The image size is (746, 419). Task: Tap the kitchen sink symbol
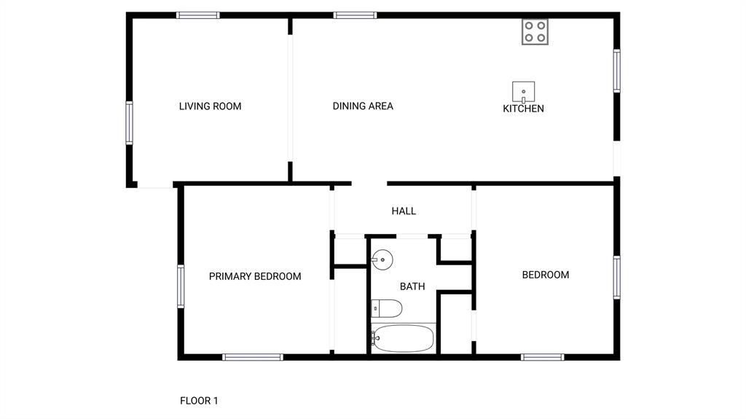click(523, 93)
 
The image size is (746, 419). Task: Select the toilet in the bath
click(386, 309)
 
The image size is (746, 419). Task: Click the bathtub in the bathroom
click(403, 339)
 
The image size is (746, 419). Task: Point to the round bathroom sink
click(382, 259)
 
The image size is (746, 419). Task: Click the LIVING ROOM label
click(210, 106)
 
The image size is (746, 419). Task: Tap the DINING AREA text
click(363, 106)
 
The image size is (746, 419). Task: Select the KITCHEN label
click(523, 109)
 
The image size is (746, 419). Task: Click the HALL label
click(404, 211)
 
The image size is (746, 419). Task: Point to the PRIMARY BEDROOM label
click(255, 276)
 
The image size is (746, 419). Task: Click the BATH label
click(412, 286)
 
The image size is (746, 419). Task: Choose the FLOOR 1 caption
click(199, 401)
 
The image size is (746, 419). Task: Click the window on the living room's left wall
click(130, 122)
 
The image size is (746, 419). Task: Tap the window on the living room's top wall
click(198, 15)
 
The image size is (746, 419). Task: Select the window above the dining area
click(355, 15)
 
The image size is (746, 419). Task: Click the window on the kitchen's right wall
click(616, 71)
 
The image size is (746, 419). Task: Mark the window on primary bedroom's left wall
click(181, 286)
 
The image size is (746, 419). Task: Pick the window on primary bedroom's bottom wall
click(252, 357)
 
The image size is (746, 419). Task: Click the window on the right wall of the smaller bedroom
click(616, 278)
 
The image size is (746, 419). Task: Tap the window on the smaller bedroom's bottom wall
click(543, 357)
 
